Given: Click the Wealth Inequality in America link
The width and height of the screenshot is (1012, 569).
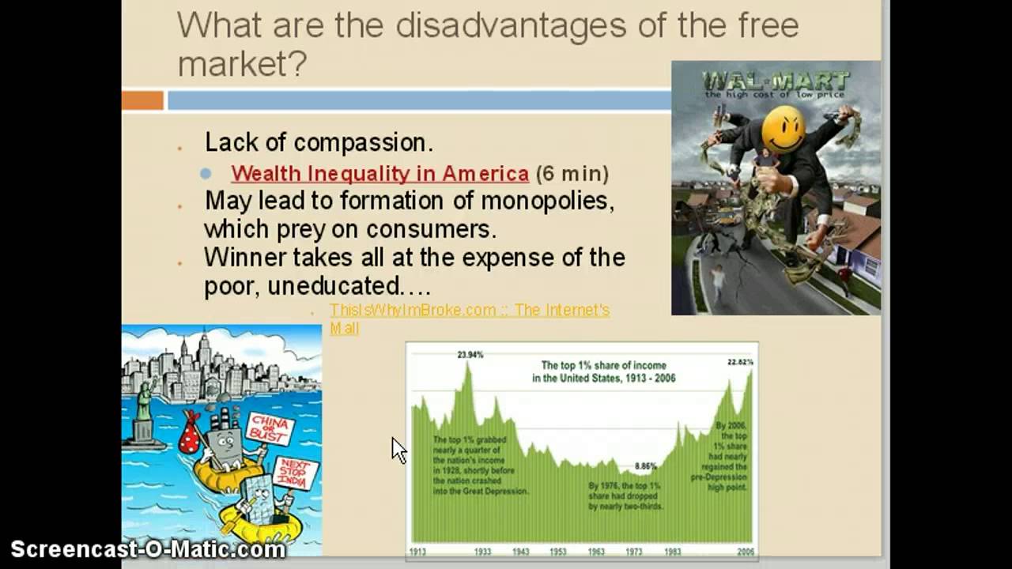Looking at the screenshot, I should pos(379,173).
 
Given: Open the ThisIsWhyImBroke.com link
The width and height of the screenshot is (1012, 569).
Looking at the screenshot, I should pos(469,311).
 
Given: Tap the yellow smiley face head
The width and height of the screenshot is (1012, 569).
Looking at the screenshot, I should pos(784,129).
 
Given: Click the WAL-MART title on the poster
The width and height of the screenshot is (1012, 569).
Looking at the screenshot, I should pos(776,81).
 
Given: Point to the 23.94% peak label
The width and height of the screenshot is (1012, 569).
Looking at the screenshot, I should pos(470,355).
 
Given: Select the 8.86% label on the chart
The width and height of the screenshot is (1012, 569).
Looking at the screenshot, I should pos(646,466).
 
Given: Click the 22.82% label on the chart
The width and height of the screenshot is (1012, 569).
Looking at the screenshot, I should pos(740,362).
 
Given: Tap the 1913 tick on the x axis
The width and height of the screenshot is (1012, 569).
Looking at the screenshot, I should pos(417,552).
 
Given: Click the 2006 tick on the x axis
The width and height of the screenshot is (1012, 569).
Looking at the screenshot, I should pos(745,552).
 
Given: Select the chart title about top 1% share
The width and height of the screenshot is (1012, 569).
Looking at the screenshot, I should pos(603,371).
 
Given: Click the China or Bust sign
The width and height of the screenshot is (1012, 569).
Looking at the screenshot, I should pos(270,429).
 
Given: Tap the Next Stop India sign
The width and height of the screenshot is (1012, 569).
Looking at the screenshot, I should pos(295,474).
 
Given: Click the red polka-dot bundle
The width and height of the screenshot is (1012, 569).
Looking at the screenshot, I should pos(190,435).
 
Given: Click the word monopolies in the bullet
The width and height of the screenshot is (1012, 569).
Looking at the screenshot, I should pos(547,200).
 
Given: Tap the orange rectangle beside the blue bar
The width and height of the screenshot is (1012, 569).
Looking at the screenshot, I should pos(142,100).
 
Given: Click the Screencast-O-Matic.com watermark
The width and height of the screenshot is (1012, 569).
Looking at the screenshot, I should pos(148,549).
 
